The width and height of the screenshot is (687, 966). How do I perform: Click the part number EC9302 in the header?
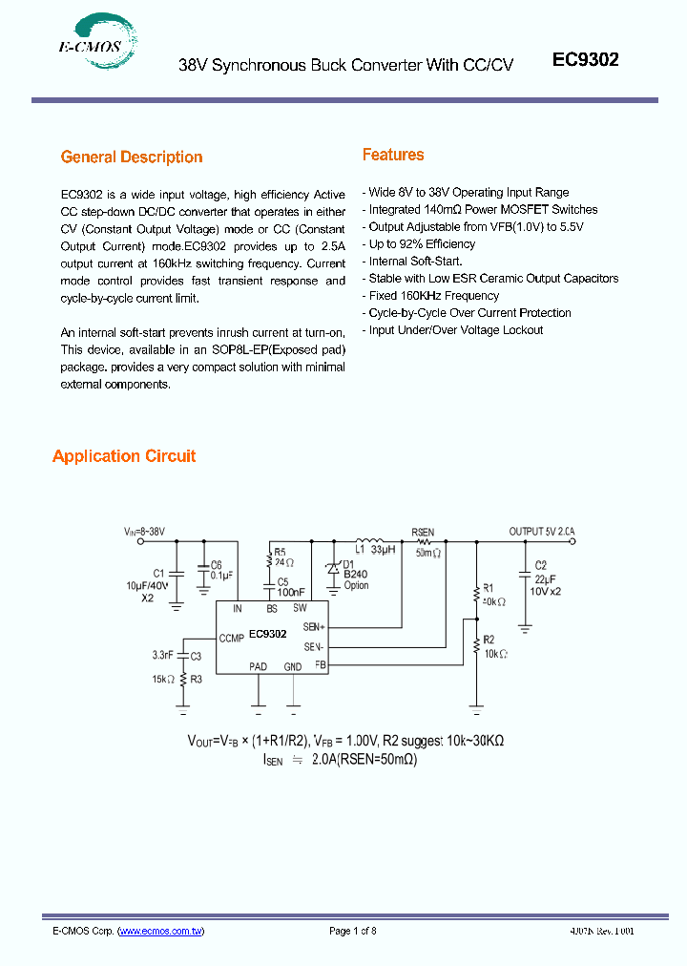pyautogui.click(x=586, y=59)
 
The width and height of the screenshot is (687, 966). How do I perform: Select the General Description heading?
pyautogui.click(x=132, y=157)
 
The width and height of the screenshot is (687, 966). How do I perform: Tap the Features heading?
pyautogui.click(x=393, y=155)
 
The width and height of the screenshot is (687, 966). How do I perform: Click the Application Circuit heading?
pyautogui.click(x=124, y=456)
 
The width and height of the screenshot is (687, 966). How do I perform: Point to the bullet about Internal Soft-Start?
pyautogui.click(x=415, y=261)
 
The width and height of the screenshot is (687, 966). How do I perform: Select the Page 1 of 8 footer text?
pyautogui.click(x=353, y=931)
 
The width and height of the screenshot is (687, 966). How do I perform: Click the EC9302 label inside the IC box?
pyautogui.click(x=268, y=633)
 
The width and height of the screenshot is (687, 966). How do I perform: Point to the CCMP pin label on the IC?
pyautogui.click(x=232, y=638)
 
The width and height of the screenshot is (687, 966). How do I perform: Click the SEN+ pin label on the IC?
pyautogui.click(x=314, y=626)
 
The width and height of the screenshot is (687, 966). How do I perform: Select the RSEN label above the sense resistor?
pyautogui.click(x=423, y=533)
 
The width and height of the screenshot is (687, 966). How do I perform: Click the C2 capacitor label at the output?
pyautogui.click(x=540, y=565)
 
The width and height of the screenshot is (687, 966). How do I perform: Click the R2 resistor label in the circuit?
pyautogui.click(x=488, y=640)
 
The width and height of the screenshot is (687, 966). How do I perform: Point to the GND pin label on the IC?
pyautogui.click(x=293, y=666)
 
